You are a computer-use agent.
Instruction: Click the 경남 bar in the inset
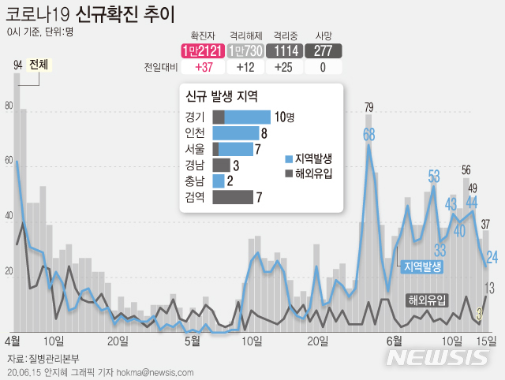click(222, 164)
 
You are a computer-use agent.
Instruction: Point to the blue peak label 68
click(368, 135)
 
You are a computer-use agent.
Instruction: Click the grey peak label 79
click(368, 107)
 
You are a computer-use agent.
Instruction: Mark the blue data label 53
click(434, 176)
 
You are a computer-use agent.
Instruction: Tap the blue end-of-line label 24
click(491, 257)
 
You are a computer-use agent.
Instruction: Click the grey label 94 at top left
click(17, 65)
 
